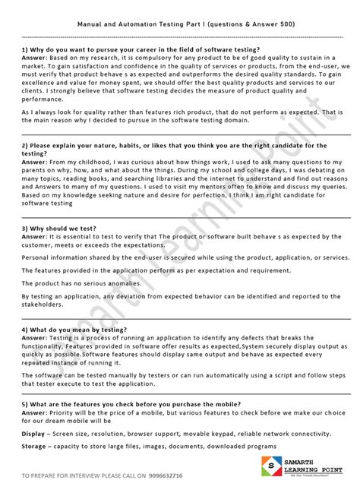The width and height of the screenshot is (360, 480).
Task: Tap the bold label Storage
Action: [33, 446]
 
